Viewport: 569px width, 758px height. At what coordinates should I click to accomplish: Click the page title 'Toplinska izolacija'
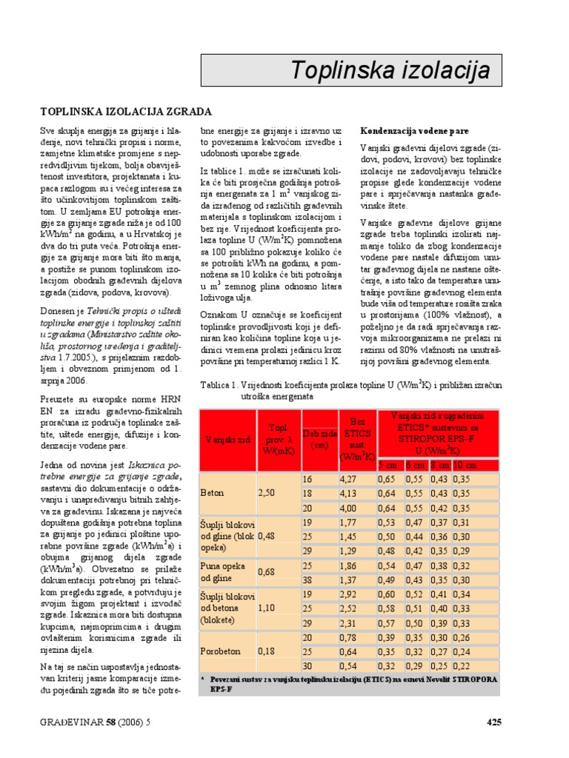(x=390, y=70)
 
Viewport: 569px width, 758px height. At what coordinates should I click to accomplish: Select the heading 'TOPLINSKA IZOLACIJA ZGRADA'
(x=126, y=111)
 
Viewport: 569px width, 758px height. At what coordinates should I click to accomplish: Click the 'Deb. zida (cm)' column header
(x=320, y=439)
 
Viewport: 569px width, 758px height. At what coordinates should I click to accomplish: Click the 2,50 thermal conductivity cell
(x=267, y=492)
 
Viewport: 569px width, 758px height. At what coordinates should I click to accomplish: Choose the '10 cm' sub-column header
(x=466, y=465)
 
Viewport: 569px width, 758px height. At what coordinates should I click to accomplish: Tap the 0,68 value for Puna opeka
(x=267, y=572)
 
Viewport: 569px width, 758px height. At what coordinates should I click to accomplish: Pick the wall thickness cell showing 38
(x=306, y=579)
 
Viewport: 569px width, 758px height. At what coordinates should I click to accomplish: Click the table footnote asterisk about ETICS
(x=204, y=678)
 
